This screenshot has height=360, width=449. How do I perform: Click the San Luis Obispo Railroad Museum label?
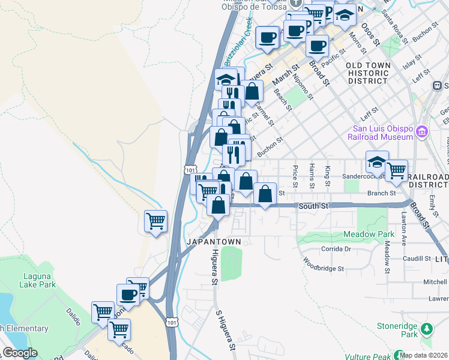(381, 133)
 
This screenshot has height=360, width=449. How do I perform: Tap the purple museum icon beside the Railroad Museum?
(421, 131)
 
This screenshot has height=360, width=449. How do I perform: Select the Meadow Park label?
(369, 233)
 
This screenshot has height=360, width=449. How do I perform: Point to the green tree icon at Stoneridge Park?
(427, 329)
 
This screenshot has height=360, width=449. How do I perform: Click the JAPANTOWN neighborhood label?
(214, 242)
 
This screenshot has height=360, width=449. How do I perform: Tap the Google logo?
(20, 353)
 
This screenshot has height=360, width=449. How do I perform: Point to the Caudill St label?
(417, 259)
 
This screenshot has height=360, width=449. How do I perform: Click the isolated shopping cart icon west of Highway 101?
(155, 221)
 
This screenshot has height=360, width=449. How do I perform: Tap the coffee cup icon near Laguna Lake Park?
(128, 295)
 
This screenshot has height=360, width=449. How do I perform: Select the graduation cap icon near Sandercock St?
(376, 162)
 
